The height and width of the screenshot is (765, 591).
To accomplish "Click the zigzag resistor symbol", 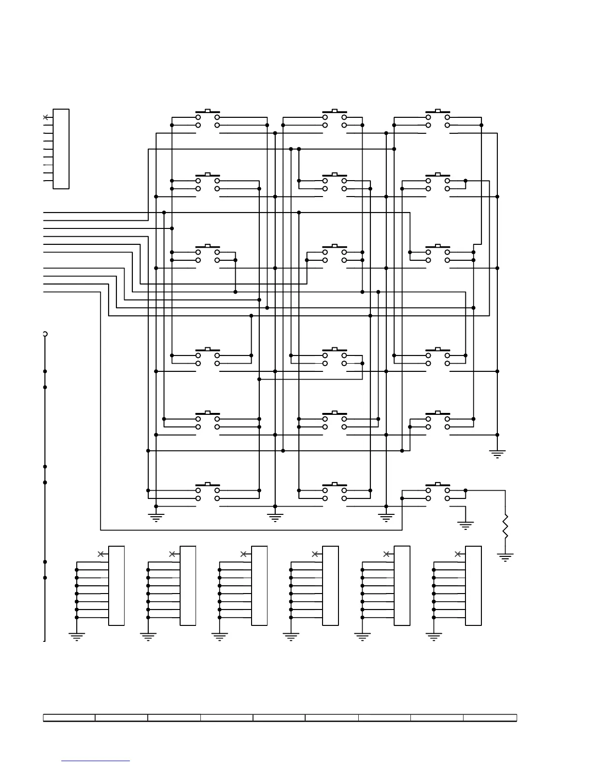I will [x=505, y=527].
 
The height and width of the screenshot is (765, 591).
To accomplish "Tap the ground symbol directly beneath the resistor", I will [x=505, y=557].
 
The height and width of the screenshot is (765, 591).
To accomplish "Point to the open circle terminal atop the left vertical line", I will [x=45, y=334].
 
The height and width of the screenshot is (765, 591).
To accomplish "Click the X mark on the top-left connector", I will [x=45, y=117].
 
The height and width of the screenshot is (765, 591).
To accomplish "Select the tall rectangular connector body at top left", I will [x=61, y=149].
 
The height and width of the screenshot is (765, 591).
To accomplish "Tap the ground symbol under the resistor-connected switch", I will [x=465, y=525].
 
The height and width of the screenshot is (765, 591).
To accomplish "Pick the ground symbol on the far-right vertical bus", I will [x=497, y=453].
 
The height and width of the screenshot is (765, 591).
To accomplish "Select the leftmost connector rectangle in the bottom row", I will [x=116, y=585].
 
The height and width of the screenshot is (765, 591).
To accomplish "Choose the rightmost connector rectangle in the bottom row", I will [x=473, y=585].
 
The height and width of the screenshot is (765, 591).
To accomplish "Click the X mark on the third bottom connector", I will [x=243, y=554].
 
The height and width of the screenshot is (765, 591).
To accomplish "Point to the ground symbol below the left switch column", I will [x=156, y=518].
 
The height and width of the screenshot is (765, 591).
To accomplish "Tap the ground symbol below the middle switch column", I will [x=275, y=518].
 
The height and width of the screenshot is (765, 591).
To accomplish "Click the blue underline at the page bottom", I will [x=96, y=761].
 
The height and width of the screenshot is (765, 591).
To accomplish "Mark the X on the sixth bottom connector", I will [x=457, y=554].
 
